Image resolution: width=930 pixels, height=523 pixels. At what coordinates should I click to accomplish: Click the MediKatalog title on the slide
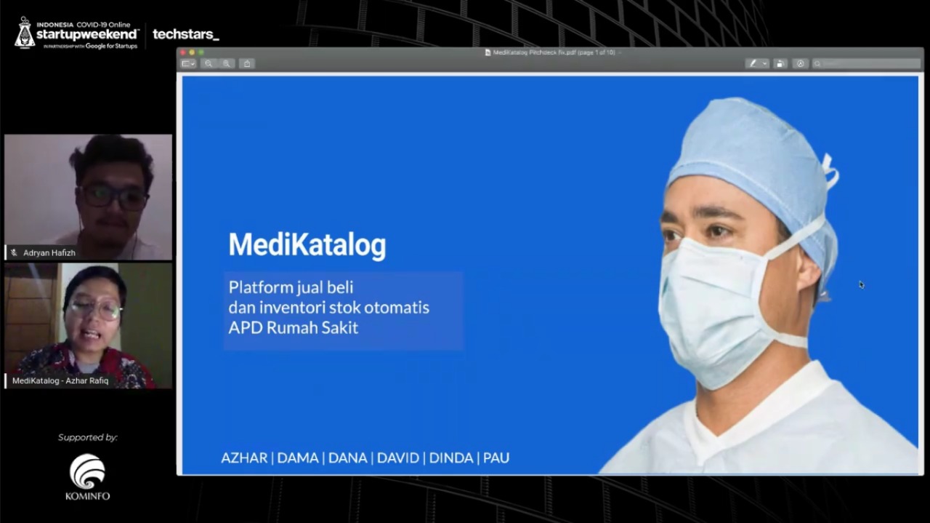(x=307, y=245)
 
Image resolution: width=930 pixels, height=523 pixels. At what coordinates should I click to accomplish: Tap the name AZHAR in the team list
(x=244, y=458)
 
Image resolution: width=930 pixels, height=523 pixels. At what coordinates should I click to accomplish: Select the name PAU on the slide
(x=496, y=458)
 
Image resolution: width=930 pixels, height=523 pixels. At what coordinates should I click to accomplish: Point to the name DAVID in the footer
(x=397, y=458)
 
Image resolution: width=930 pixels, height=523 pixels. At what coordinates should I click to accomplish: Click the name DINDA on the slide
(x=451, y=458)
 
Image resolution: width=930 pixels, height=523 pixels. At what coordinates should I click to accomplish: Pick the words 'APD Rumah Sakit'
(x=293, y=327)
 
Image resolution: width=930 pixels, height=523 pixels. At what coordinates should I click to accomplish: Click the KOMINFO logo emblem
(x=87, y=471)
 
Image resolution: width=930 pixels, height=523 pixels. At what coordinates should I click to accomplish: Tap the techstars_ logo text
(x=185, y=34)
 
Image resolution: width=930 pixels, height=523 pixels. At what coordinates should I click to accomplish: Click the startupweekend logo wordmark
(x=87, y=34)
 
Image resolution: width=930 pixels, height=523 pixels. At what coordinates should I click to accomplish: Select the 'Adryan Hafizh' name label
(x=49, y=252)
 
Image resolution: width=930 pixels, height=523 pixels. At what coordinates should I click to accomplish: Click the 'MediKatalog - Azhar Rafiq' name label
(x=60, y=380)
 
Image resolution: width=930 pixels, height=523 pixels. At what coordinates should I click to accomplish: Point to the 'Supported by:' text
(x=88, y=437)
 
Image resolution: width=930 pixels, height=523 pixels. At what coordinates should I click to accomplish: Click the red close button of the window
(x=183, y=52)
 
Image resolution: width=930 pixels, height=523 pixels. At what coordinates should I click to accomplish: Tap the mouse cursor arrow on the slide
(x=861, y=284)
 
